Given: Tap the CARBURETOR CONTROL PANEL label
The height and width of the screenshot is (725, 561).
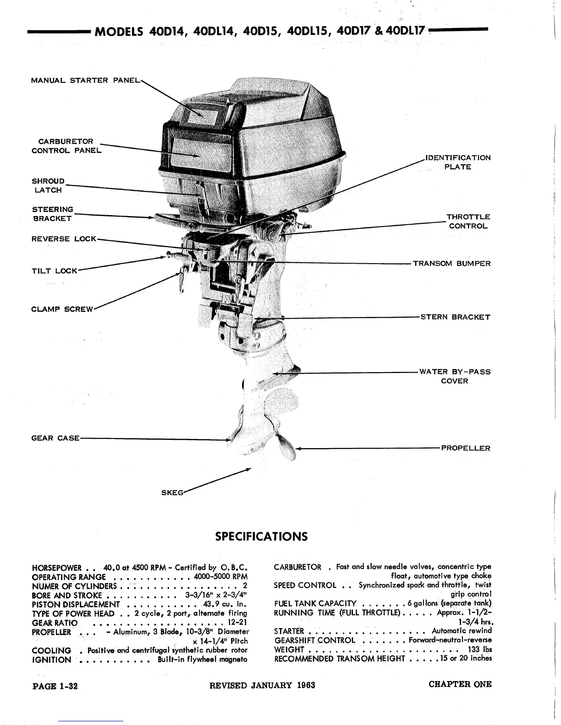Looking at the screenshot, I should click(66, 146).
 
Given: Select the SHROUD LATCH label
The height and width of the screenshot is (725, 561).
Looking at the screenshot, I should click(48, 185).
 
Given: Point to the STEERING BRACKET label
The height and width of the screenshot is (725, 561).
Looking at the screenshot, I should click(52, 214).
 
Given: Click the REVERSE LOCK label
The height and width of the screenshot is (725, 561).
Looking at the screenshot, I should click(64, 239).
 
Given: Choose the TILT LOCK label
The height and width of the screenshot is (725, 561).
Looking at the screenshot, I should click(54, 271).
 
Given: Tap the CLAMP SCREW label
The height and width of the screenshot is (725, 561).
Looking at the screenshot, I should click(62, 309).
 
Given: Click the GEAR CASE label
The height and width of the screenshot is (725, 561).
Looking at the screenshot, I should click(55, 438).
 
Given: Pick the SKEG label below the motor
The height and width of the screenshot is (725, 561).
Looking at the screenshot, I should click(172, 492).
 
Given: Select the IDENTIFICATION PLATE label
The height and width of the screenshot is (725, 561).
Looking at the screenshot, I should click(458, 162).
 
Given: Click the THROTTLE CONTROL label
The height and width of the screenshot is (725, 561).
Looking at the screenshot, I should click(468, 222).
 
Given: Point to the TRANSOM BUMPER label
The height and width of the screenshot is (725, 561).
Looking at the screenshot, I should click(451, 264).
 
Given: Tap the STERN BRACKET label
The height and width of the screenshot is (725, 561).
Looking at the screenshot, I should click(455, 317).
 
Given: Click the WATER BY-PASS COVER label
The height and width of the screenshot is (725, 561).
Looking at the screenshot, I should click(455, 376).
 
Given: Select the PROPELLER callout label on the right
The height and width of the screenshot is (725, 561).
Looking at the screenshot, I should click(465, 448).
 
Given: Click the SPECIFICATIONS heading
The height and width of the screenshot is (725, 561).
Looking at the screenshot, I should click(261, 536).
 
